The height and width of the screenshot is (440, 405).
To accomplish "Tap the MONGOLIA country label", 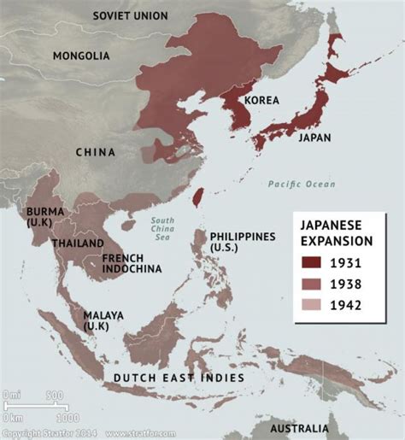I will (81, 56).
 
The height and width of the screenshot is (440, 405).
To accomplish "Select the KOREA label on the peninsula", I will (261, 101).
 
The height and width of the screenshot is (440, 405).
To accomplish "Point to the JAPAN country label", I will (315, 136).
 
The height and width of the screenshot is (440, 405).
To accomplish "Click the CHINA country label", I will (95, 153).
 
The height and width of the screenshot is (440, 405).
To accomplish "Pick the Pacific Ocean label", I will (301, 184).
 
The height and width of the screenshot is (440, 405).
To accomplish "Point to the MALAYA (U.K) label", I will (103, 320).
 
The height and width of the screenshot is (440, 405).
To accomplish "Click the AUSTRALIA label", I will (298, 427).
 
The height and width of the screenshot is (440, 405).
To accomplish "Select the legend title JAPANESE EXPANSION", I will (339, 231).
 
